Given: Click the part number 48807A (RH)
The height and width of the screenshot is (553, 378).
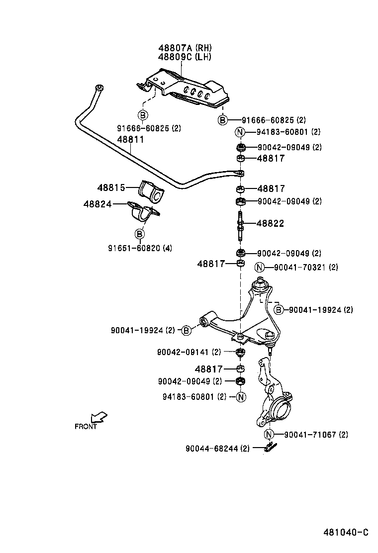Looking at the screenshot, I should (185, 48).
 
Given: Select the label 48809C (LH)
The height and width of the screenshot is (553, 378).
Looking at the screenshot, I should (185, 57).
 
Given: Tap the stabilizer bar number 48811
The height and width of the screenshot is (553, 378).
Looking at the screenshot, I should (130, 140).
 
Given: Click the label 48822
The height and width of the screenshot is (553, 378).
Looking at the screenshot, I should (270, 224).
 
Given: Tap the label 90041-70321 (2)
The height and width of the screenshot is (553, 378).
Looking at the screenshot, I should (305, 267).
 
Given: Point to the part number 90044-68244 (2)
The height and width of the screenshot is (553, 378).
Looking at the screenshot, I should (217, 448).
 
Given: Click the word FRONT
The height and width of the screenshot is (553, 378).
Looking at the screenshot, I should (86, 426).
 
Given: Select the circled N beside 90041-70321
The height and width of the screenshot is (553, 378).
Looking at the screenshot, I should (260, 267).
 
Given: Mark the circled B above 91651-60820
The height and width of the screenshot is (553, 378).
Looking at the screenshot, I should (140, 234).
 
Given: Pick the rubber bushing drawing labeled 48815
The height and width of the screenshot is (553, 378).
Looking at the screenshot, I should (150, 191).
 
